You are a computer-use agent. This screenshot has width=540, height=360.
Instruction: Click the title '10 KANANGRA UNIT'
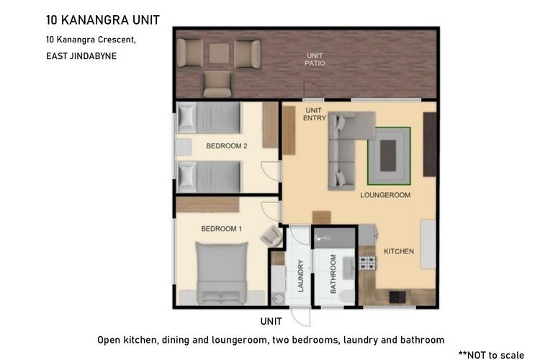(x=103, y=20)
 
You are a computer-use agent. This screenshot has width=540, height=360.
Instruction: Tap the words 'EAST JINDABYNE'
(x=81, y=56)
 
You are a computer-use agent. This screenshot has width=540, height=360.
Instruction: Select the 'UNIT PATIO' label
(x=315, y=59)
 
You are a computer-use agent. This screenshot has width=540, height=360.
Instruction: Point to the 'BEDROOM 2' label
(x=227, y=146)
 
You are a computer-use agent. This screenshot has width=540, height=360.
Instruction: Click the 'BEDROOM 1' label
(x=222, y=229)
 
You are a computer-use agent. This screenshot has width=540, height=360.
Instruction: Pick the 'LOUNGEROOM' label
(x=385, y=195)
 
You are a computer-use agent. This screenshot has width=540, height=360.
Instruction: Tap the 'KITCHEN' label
(x=399, y=251)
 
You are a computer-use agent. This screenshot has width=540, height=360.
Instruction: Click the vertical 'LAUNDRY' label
(x=301, y=276)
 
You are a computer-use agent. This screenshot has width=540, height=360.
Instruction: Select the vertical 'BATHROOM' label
(x=333, y=274)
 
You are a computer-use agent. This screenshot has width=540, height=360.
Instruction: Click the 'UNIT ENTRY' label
(x=314, y=114)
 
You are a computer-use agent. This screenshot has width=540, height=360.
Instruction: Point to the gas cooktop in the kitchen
(x=367, y=264)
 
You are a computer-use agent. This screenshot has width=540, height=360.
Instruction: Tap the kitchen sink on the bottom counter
(x=397, y=297)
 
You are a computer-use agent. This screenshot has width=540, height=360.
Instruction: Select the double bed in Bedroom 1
(x=222, y=273)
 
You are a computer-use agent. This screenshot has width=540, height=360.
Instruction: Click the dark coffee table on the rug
(x=388, y=156)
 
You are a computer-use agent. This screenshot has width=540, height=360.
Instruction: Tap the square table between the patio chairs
(x=219, y=53)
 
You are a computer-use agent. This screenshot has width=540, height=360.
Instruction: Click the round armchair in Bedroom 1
(x=271, y=236)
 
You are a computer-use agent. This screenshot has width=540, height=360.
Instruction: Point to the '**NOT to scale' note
(x=491, y=354)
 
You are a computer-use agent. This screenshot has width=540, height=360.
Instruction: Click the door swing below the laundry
(x=300, y=318)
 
